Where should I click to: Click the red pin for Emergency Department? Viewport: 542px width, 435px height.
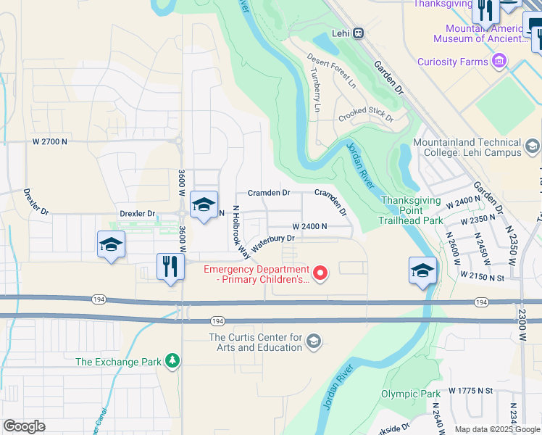[x=320, y=273]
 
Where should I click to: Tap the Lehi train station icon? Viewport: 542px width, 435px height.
[x=358, y=33]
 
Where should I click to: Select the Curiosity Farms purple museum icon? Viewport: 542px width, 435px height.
[x=499, y=62]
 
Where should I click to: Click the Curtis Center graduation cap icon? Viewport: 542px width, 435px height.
[x=313, y=341]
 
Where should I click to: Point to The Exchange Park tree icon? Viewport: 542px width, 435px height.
[x=172, y=360]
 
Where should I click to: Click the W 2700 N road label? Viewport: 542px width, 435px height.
[x=50, y=142]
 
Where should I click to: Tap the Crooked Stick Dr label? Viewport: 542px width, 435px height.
[x=366, y=115]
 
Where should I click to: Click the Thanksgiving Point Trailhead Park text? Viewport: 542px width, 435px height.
[x=412, y=210]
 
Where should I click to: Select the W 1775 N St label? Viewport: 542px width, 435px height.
[x=470, y=391]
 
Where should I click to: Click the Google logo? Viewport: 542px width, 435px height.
[x=24, y=426]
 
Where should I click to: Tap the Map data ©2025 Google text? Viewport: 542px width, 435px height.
[x=496, y=429]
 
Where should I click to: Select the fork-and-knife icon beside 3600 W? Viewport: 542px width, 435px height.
[x=170, y=266]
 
